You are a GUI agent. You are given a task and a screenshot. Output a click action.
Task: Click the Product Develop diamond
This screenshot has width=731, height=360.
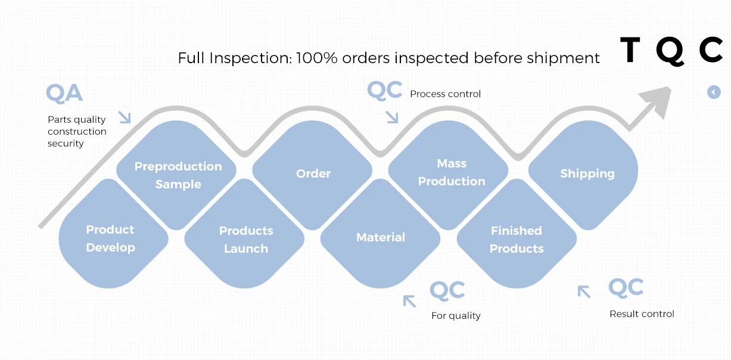tap(111, 238)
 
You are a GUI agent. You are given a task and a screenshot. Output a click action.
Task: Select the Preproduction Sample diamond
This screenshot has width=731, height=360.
tap(178, 175)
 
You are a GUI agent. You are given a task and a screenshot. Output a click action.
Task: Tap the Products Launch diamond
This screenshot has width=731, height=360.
tap(245, 240)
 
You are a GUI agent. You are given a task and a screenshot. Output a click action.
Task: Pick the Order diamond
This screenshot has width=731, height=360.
tap(313, 173)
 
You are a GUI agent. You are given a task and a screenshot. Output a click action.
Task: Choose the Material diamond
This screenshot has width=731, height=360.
tap(381, 237)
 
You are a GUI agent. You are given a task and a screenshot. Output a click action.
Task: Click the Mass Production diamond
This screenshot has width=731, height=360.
tap(451, 172)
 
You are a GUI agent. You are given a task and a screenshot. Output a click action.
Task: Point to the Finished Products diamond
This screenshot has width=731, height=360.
tap(517, 240)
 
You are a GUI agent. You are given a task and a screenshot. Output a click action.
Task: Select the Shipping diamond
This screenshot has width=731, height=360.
tap(587, 173)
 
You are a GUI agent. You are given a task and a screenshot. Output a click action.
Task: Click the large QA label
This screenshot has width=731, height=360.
tap(64, 94)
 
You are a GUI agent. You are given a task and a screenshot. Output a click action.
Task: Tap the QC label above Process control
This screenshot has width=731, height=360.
tap(384, 90)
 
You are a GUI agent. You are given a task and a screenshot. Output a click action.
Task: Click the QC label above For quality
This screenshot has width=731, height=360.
tap(447, 291)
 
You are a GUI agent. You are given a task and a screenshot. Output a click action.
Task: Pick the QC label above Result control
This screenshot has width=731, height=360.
tap(626, 288)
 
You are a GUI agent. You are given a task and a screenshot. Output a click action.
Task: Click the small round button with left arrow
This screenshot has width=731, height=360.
tap(714, 92)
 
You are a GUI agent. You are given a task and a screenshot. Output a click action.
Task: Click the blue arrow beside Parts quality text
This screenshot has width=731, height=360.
tap(124, 116)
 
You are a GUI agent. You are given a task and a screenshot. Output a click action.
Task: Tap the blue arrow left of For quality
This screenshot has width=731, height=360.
tap(409, 300)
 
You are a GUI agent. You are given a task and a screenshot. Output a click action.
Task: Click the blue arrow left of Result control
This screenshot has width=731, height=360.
tap(584, 291)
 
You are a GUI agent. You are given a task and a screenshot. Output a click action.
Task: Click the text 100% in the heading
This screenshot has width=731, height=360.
tap(317, 58)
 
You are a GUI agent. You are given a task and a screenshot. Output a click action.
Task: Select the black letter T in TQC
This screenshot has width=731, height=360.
tap(630, 50)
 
